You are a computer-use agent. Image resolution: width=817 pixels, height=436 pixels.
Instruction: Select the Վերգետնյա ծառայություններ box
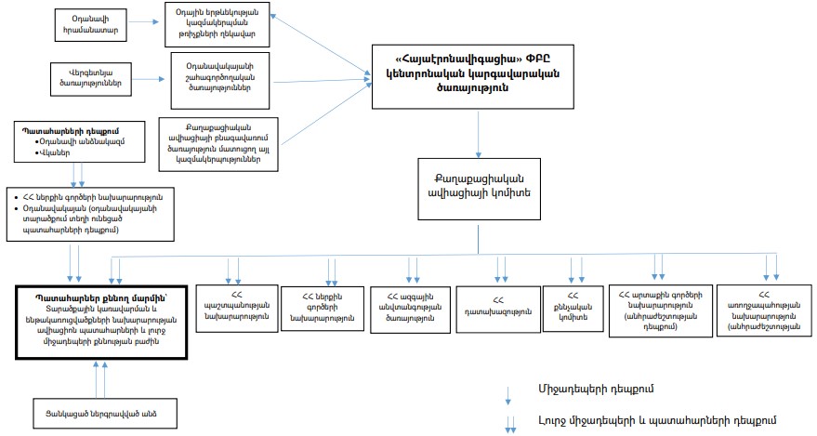click(91, 75)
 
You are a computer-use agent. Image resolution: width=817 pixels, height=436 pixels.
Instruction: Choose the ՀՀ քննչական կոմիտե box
click(578, 306)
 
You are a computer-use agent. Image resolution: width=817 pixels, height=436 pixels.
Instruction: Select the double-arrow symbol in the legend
click(508, 423)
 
